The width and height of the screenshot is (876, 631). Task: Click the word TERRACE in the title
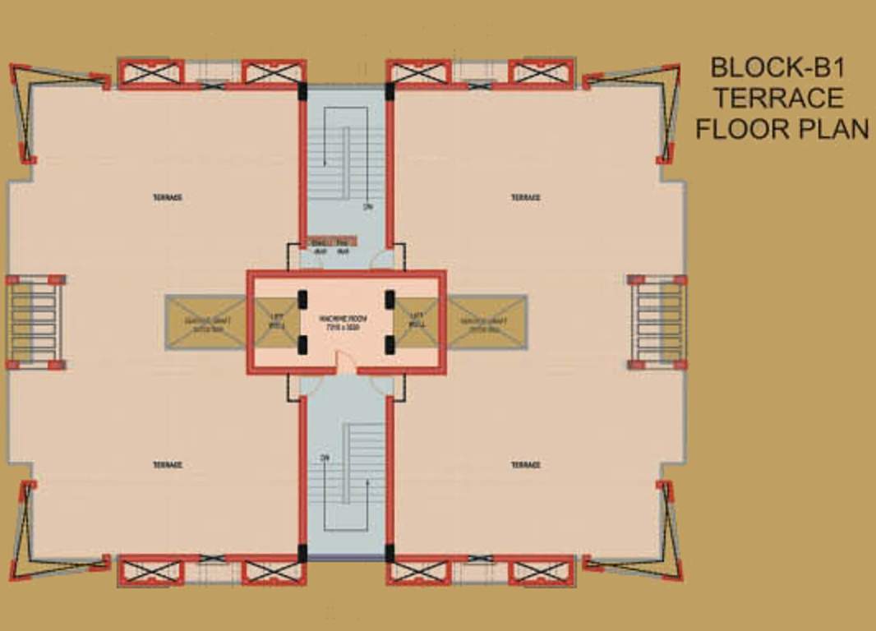click(777, 99)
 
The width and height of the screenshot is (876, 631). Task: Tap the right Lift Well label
click(417, 320)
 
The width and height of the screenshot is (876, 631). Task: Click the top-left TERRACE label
click(167, 197)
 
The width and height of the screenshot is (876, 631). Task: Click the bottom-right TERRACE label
click(525, 465)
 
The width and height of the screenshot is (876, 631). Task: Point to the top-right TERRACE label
click(525, 197)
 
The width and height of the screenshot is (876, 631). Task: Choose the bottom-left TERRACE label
click(167, 465)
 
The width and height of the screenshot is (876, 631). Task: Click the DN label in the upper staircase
click(367, 207)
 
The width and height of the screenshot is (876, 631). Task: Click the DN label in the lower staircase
click(325, 458)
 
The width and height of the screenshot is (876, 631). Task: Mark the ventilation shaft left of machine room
click(205, 321)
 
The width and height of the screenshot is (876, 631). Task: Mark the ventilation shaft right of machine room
click(486, 321)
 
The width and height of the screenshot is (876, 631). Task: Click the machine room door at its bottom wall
click(346, 366)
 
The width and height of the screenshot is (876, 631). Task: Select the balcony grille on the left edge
click(35, 321)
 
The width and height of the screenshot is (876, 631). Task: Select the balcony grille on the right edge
click(657, 321)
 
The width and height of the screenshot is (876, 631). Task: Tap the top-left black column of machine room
click(302, 299)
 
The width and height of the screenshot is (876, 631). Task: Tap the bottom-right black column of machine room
click(390, 344)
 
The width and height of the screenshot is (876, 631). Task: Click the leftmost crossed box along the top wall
click(150, 72)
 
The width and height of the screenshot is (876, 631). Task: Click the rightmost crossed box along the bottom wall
click(540, 571)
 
